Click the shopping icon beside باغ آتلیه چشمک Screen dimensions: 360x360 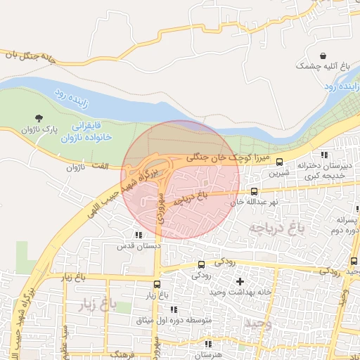coord(322,55)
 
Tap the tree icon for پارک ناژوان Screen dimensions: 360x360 coord(38,117)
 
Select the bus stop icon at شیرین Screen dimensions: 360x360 coord(279,161)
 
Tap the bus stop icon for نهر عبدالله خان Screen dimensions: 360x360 coord(254,191)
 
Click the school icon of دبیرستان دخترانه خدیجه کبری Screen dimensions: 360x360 coord(323,155)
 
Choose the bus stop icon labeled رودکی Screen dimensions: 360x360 coord(202,264)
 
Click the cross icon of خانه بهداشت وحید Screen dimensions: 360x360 coord(240,281)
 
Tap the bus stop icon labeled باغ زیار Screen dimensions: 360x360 coord(156,285)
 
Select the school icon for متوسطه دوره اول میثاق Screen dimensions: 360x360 coord(173,309)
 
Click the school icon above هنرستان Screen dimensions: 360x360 coord(208,344)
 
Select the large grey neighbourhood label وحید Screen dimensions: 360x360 coord(257,323)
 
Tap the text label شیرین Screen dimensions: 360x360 coord(280,172)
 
